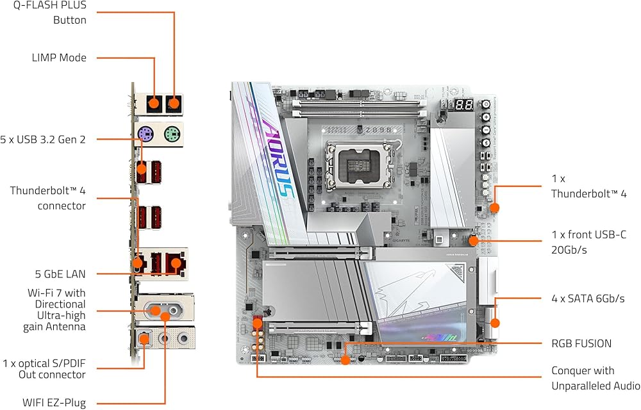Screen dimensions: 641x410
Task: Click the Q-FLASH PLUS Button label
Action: pyautogui.click(x=50, y=13)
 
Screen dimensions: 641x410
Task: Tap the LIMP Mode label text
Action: pyautogui.click(x=59, y=58)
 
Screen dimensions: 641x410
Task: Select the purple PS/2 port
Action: pyautogui.click(x=146, y=133)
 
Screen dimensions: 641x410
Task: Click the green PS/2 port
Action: pyautogui.click(x=172, y=133)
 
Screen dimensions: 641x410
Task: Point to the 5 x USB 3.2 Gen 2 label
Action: pyautogui.click(x=43, y=140)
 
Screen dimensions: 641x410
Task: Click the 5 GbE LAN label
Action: pyautogui.click(x=60, y=274)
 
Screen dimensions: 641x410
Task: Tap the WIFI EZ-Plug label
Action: pyautogui.click(x=54, y=403)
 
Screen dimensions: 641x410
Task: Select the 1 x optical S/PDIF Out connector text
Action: pyautogui.click(x=44, y=369)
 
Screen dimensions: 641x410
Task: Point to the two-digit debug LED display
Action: pyautogui.click(x=464, y=105)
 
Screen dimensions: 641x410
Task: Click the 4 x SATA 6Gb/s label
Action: pyautogui.click(x=588, y=299)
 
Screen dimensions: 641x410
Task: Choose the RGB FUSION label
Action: pyautogui.click(x=581, y=343)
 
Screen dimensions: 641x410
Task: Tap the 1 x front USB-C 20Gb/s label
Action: pyautogui.click(x=588, y=242)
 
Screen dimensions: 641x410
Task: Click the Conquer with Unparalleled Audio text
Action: pyautogui.click(x=595, y=378)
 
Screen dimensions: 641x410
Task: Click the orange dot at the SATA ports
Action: pyautogui.click(x=495, y=323)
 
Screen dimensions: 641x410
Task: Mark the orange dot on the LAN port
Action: pyautogui.click(x=176, y=263)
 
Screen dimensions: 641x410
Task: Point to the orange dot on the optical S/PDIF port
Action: pyautogui.click(x=144, y=338)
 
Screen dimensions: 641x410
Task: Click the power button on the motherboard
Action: pyautogui.click(x=486, y=104)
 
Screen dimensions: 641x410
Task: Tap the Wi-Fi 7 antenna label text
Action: pyautogui.click(x=54, y=309)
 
